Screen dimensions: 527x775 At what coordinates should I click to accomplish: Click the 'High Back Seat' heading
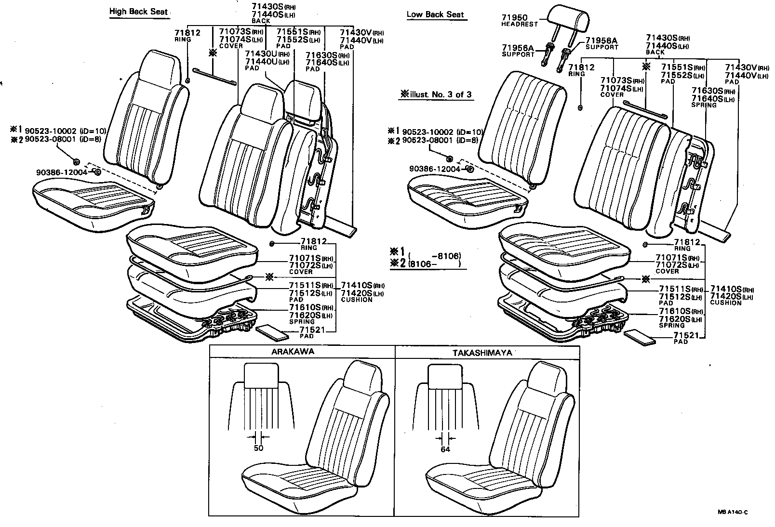(x=139, y=11)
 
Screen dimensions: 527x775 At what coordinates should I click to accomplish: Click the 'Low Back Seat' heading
(x=435, y=14)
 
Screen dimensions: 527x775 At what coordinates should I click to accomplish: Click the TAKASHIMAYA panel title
(x=482, y=352)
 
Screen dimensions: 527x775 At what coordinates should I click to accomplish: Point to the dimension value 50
(x=258, y=448)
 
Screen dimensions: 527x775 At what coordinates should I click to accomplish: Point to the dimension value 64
(x=445, y=449)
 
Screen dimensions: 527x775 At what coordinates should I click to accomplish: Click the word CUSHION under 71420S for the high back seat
(x=357, y=300)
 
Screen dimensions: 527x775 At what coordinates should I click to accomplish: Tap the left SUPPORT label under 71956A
(x=518, y=54)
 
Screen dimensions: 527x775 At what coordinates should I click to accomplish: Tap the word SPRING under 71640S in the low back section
(x=704, y=105)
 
